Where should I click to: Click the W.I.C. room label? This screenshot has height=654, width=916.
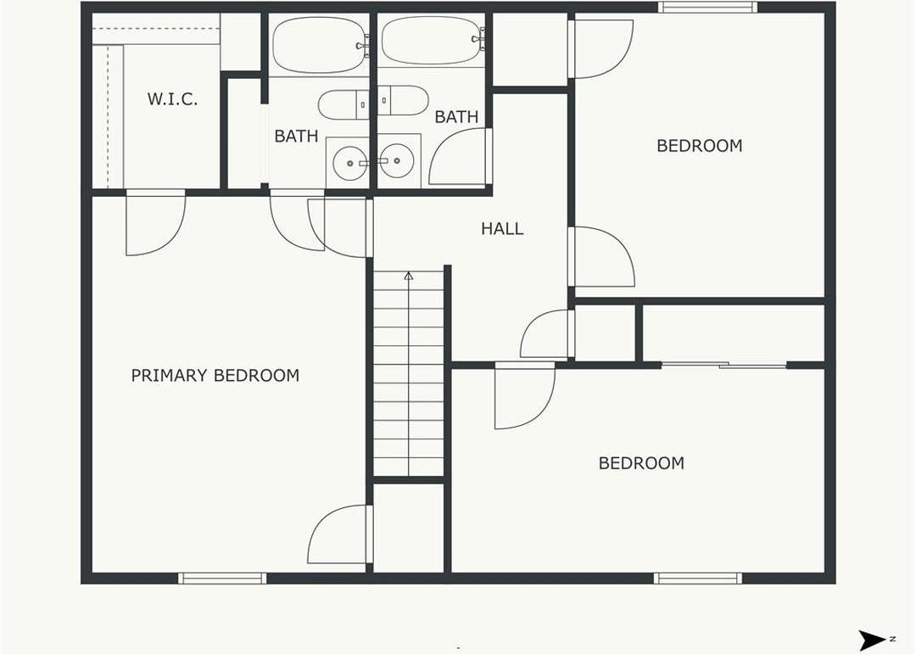(x=172, y=98)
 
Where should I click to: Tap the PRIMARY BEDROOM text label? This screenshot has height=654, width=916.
(x=215, y=375)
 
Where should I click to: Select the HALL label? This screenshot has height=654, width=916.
(x=502, y=228)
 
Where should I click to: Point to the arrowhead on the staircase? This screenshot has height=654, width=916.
(x=409, y=276)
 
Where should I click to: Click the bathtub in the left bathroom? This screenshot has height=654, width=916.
(x=319, y=45)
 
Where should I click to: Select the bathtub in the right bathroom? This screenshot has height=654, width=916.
(x=433, y=40)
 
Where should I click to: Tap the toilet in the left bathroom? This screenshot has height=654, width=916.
(x=344, y=105)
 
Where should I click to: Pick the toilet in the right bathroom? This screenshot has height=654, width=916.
(x=403, y=101)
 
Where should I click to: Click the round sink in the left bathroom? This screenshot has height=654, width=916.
(x=350, y=163)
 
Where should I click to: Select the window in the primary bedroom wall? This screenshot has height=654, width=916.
(x=222, y=578)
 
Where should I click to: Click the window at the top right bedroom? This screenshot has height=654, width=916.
(x=707, y=7)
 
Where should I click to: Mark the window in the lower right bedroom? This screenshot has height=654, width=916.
(x=698, y=578)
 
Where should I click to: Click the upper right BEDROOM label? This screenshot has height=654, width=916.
(x=699, y=146)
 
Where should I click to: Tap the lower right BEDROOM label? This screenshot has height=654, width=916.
(x=641, y=463)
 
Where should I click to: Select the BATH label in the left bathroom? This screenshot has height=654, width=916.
(x=296, y=137)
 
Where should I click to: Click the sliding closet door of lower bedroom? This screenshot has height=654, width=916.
(x=723, y=366)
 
